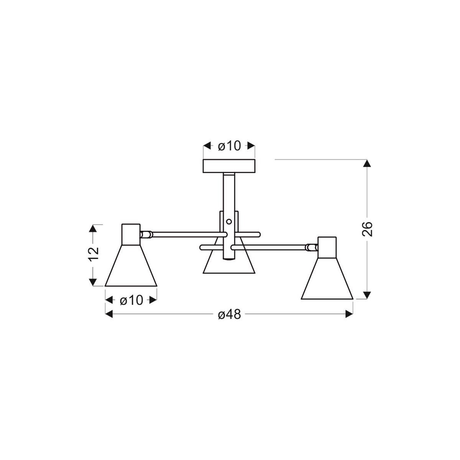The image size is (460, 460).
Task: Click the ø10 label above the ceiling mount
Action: point(229,146)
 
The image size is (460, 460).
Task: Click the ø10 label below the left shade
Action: point(131,300)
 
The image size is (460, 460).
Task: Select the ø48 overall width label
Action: point(229,314)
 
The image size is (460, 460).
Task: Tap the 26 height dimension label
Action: point(367,229)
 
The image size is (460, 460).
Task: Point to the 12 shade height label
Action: point(93,254)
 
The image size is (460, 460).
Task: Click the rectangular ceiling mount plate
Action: point(229,166)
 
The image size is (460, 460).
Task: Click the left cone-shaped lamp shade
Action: point(131,268)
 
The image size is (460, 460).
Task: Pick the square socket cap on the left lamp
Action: point(131,234)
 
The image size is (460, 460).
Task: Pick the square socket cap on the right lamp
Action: point(327,247)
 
